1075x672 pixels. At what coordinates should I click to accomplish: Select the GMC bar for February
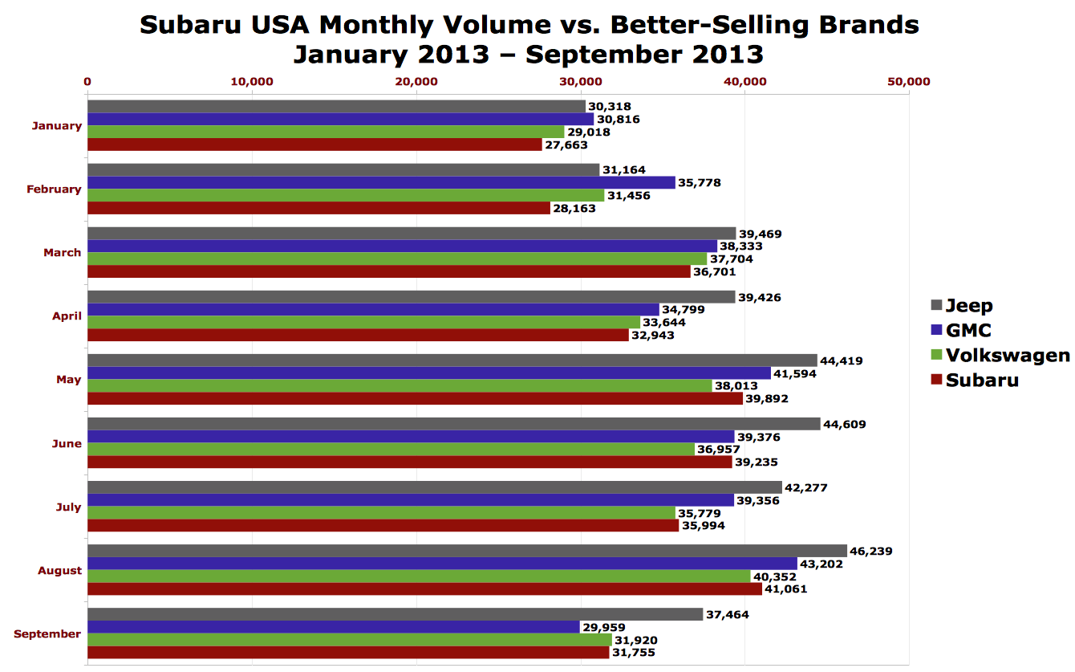click(381, 182)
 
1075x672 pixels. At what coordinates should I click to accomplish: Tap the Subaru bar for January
click(314, 145)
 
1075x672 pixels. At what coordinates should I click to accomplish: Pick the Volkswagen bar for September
click(349, 640)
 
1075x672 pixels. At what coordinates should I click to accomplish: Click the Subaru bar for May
click(415, 398)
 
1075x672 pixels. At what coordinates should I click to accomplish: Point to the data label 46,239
click(871, 552)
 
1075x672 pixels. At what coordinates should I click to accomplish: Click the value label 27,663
click(566, 145)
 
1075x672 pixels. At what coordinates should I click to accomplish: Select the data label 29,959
click(604, 628)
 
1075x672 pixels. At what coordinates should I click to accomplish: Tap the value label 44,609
click(845, 424)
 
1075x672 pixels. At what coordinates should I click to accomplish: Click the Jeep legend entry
click(969, 305)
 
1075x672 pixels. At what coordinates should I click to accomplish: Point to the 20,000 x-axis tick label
click(416, 82)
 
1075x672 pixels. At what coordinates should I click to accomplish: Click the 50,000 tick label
click(909, 82)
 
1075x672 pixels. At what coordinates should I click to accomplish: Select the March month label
click(63, 252)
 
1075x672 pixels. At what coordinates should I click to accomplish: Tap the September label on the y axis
click(47, 633)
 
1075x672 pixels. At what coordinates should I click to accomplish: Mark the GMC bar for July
click(410, 500)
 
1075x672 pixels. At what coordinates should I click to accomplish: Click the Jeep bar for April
click(411, 297)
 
